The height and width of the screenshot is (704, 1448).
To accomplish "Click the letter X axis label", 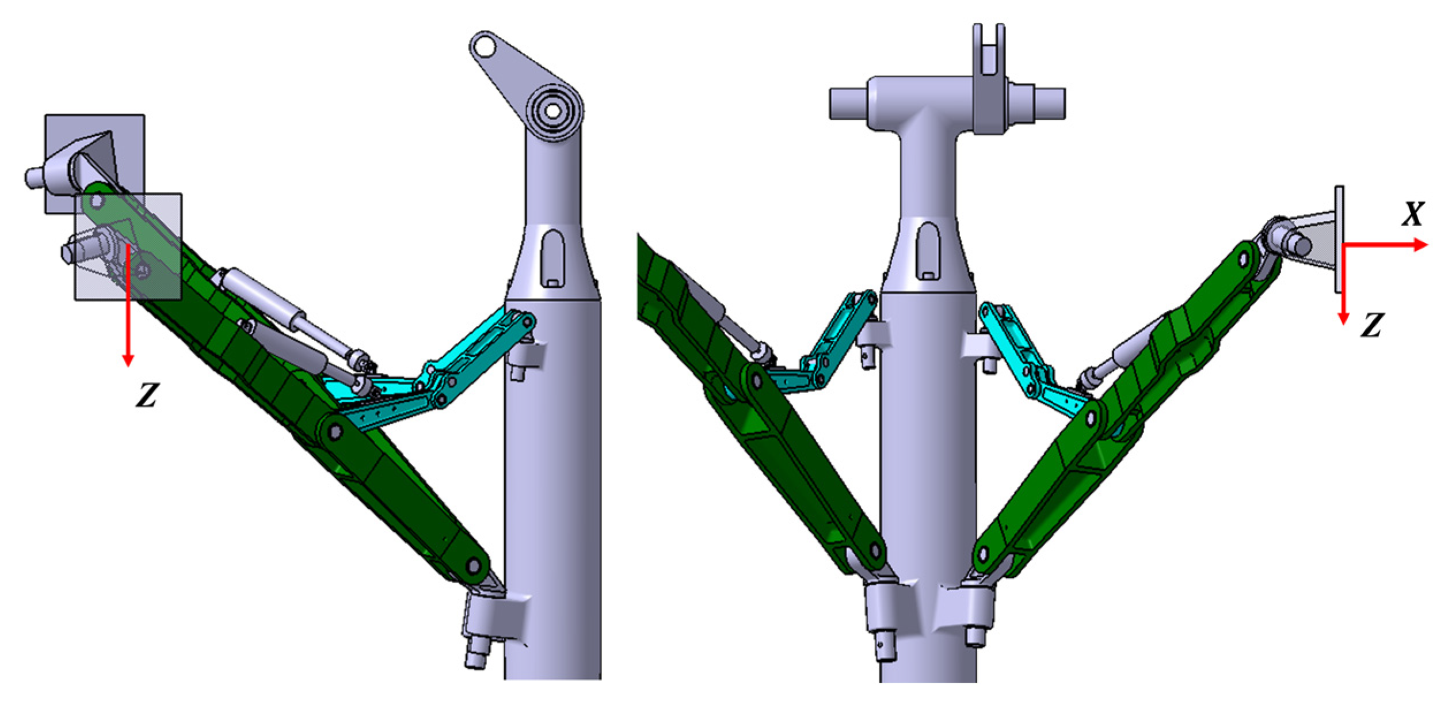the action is (1413, 214).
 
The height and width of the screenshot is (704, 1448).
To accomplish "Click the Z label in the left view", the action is (147, 396).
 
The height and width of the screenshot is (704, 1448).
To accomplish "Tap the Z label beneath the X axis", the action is (1372, 325).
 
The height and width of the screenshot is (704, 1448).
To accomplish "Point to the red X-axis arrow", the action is (1386, 245).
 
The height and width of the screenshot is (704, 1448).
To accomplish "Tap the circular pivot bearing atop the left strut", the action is (552, 111).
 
